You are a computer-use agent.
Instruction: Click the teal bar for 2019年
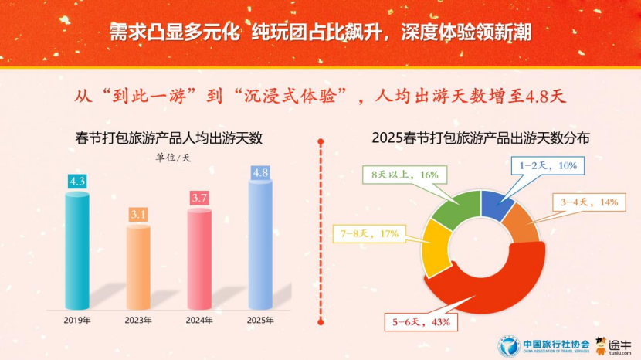point(77,251)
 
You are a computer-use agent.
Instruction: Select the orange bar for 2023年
point(138,267)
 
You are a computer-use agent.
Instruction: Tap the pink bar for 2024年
point(198,259)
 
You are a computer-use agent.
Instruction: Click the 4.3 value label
point(77,182)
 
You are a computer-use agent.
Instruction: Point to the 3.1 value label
point(138,214)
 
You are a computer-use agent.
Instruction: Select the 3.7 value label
point(199,198)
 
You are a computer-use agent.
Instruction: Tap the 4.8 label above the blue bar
point(259,172)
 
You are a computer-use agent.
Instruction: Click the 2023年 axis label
point(138,319)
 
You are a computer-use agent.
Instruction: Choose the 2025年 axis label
point(259,319)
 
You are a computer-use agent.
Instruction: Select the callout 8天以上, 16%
point(402,175)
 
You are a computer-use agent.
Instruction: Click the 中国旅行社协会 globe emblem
point(508,342)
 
